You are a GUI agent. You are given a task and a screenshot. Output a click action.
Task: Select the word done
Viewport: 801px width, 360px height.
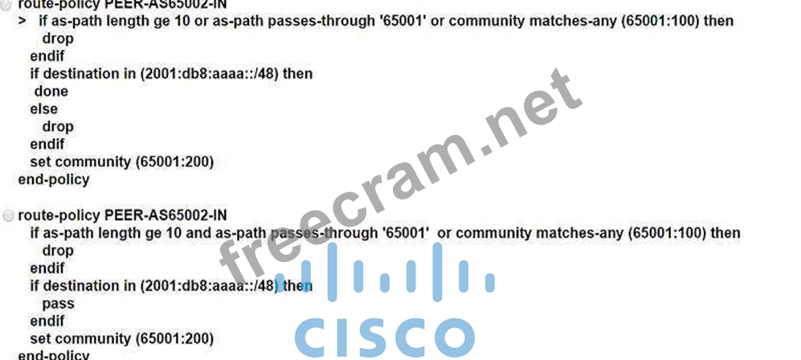pyautogui.click(x=51, y=91)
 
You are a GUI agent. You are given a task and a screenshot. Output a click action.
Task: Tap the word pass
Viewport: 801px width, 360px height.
pyautogui.click(x=58, y=304)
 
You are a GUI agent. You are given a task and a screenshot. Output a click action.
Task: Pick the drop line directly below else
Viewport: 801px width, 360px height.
pyautogui.click(x=58, y=126)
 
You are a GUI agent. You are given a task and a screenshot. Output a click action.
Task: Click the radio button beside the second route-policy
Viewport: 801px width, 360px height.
pyautogui.click(x=9, y=215)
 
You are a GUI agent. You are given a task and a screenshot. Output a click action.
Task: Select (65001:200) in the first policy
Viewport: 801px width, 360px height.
pyautogui.click(x=175, y=162)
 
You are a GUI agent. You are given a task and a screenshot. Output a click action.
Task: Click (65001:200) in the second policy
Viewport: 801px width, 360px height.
pyautogui.click(x=175, y=339)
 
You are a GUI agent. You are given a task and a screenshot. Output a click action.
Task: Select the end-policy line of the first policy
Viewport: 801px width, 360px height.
pyautogui.click(x=54, y=179)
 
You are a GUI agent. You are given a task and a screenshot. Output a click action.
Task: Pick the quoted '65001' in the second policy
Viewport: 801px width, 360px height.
pyautogui.click(x=406, y=233)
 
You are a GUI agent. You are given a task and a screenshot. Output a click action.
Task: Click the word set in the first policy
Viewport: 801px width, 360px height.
pyautogui.click(x=40, y=162)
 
